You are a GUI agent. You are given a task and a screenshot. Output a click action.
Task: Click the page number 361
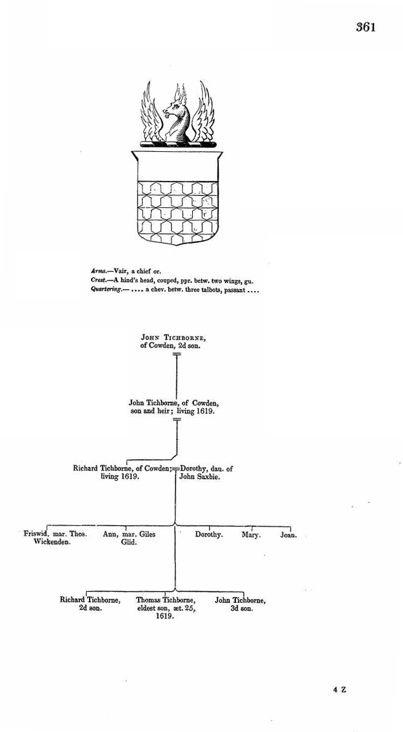[x=365, y=27]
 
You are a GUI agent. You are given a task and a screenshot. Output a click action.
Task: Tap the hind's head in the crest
[x=176, y=114]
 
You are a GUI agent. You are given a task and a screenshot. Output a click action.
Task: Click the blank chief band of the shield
[x=177, y=167]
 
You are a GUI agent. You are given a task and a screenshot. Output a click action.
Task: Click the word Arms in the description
[x=99, y=269]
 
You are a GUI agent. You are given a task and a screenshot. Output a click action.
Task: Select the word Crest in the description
[x=100, y=280]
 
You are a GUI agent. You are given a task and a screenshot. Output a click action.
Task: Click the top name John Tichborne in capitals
[x=174, y=337]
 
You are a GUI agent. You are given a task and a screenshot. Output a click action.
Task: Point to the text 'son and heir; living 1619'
[x=173, y=410]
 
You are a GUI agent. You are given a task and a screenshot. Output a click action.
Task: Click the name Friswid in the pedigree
[x=35, y=534]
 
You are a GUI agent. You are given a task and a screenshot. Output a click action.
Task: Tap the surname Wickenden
[x=52, y=543]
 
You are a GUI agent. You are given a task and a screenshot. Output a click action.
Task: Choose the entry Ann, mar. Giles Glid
[x=129, y=538]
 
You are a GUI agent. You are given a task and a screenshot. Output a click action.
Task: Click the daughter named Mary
[x=251, y=535]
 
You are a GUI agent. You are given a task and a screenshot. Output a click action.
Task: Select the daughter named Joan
[x=289, y=535]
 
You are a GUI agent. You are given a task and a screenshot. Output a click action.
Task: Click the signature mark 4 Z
[x=340, y=690]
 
